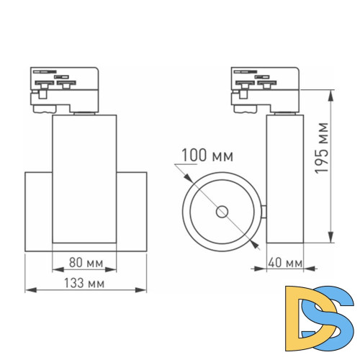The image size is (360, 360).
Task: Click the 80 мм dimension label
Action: tap(85, 263)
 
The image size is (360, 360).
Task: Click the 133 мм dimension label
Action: tap(85, 284)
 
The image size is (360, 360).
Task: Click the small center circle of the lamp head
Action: tap(222, 212)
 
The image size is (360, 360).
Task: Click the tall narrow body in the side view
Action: tap(284, 180)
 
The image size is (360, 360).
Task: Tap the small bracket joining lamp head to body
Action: tap(264, 212)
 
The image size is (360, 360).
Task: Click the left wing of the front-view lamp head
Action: tap(38, 212)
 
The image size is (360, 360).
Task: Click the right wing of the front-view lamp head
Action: tap(132, 212)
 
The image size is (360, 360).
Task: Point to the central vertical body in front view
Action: tap(85, 180)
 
